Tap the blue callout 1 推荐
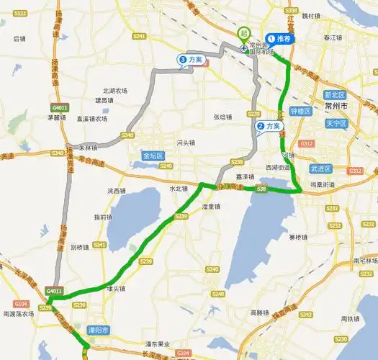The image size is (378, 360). (281, 39)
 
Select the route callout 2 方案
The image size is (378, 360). (269, 126)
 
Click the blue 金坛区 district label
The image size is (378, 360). (153, 156)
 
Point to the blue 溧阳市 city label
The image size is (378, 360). (96, 330)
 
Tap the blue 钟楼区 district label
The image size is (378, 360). (299, 112)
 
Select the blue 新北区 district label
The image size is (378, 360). (335, 95)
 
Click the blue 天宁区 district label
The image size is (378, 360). (336, 123)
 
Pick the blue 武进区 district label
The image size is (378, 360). (320, 168)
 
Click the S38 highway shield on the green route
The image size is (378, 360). (261, 189)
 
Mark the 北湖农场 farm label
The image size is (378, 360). (115, 91)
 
